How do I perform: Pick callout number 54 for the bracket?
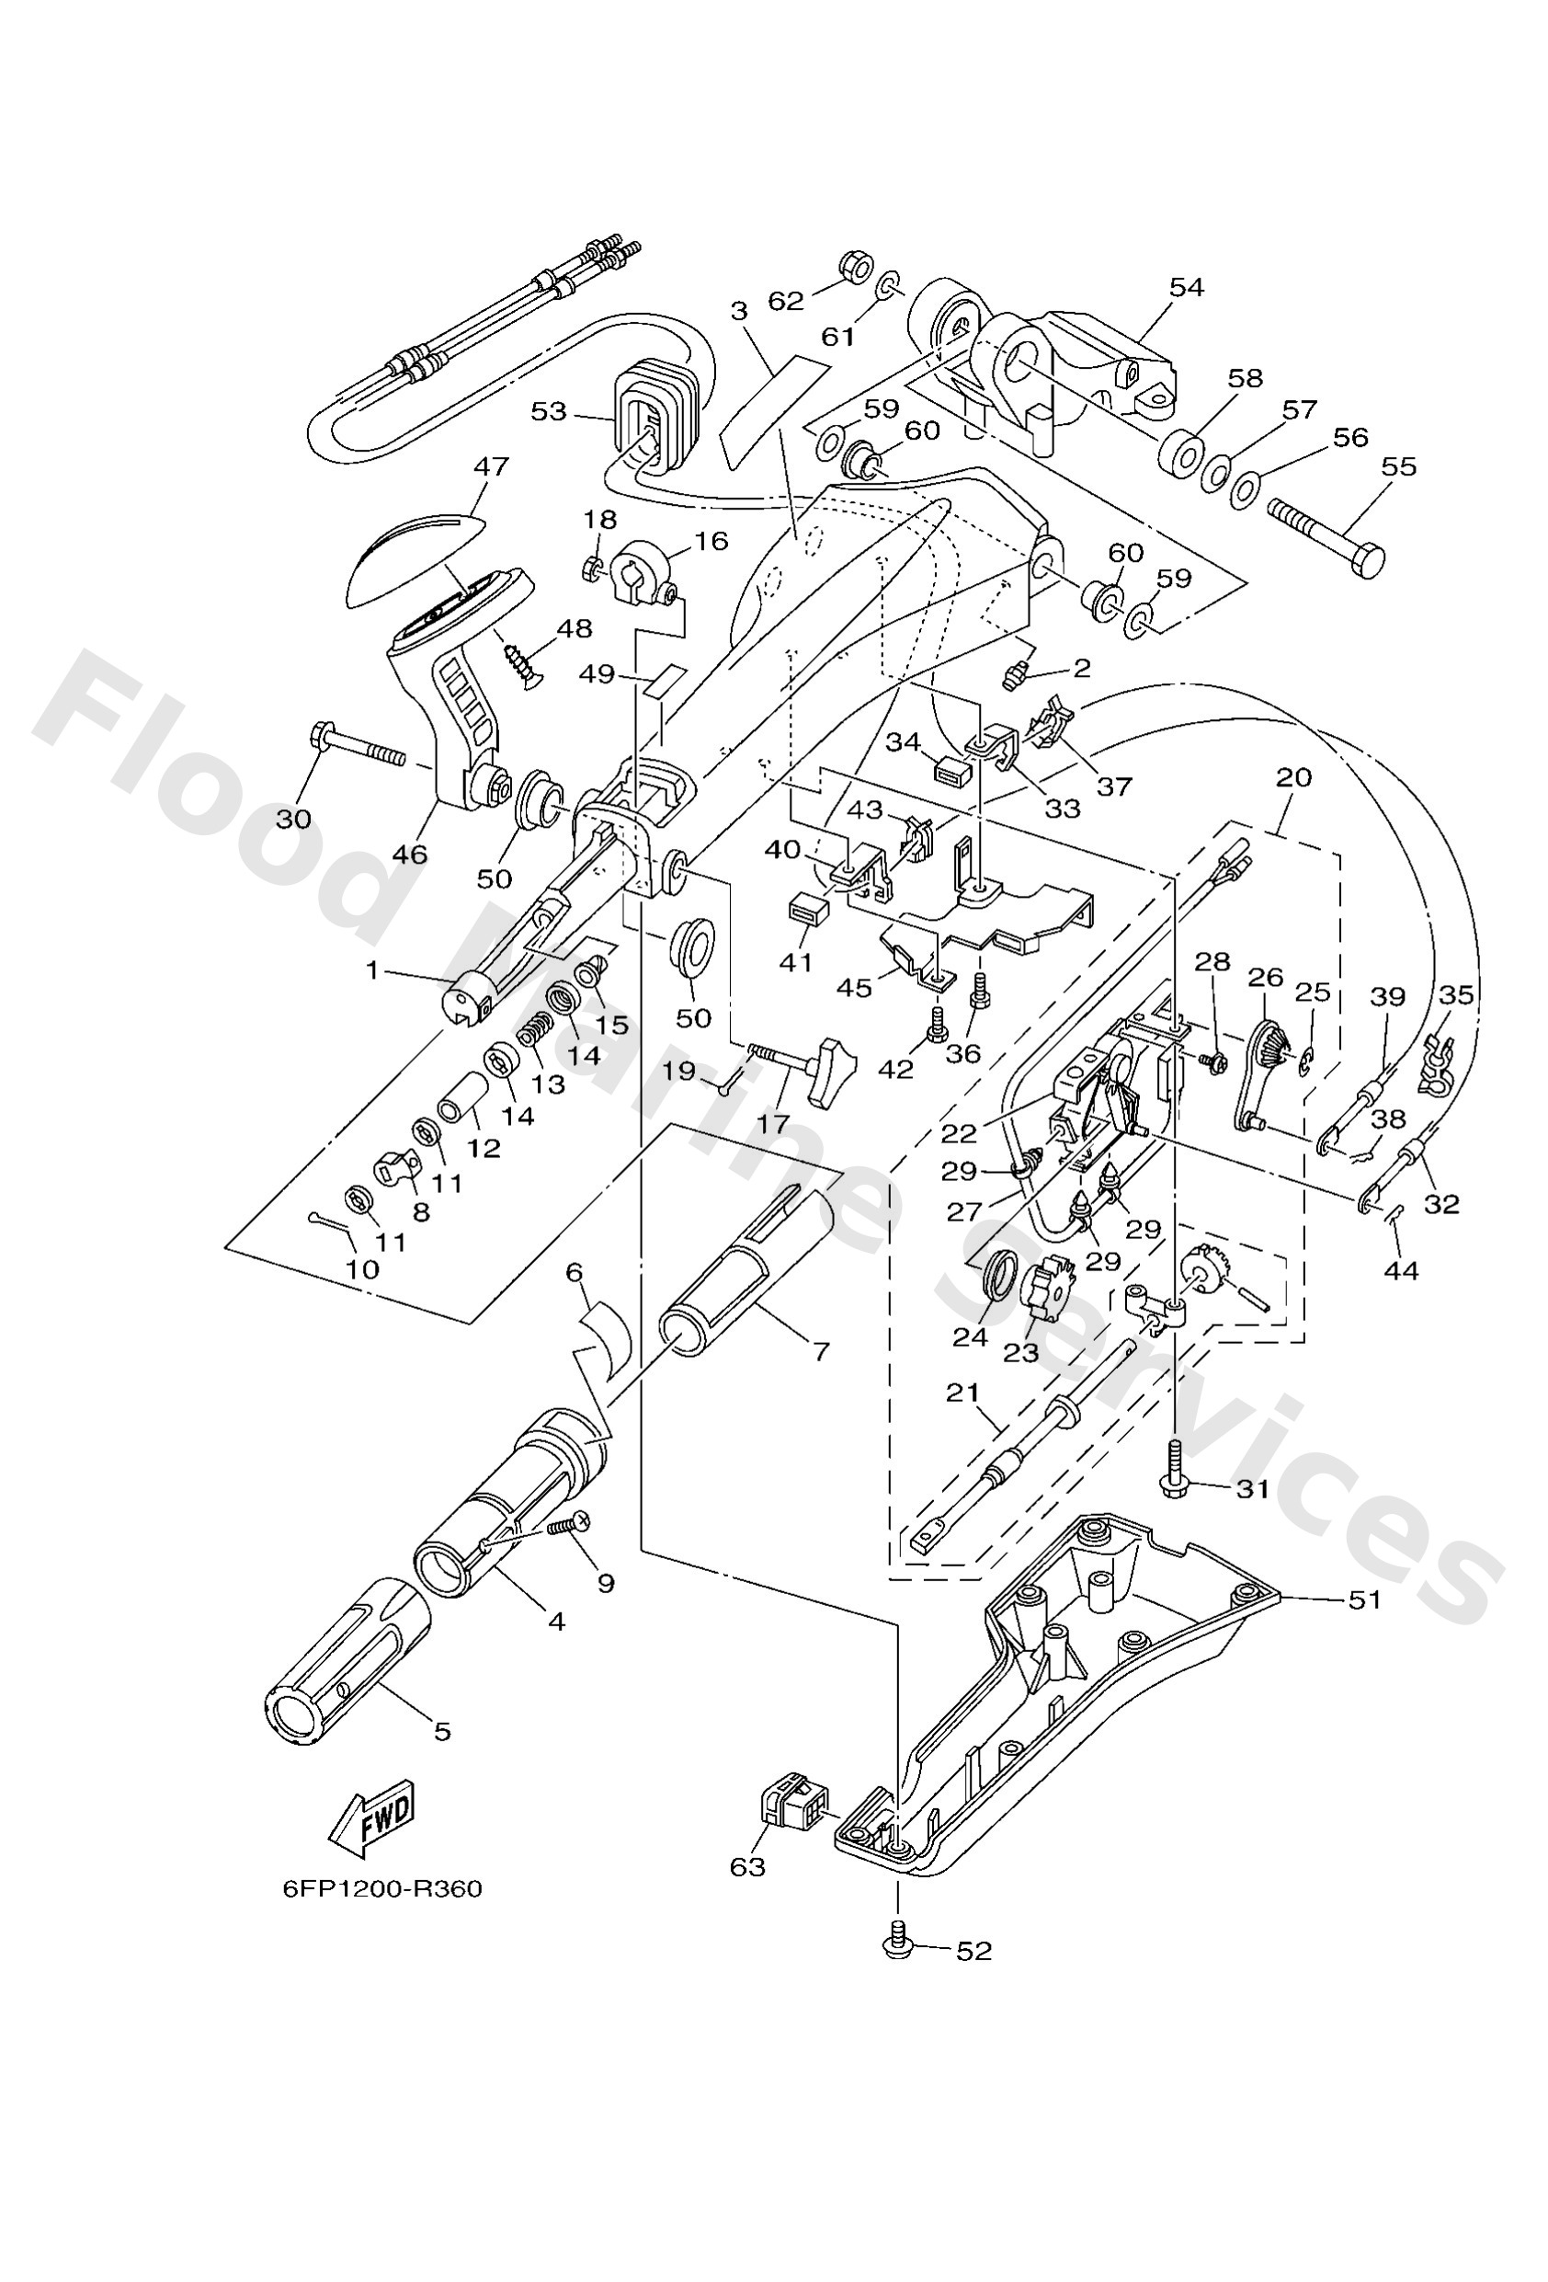click(1186, 287)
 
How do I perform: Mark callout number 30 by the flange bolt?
click(292, 818)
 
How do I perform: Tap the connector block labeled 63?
click(791, 1804)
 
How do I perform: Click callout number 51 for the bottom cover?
click(1364, 1600)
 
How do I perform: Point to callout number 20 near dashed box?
click(1293, 778)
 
